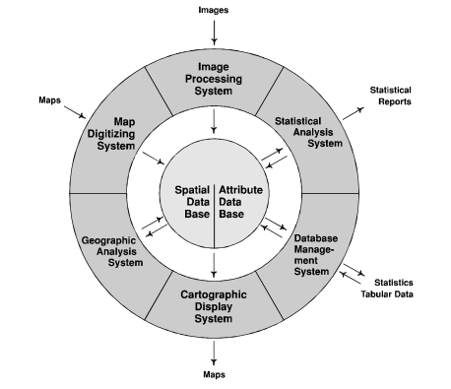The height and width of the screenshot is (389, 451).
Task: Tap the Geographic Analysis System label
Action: (x=108, y=250)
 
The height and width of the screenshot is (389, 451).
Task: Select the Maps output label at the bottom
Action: (x=214, y=375)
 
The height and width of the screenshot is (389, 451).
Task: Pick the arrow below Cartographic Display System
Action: (x=214, y=353)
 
